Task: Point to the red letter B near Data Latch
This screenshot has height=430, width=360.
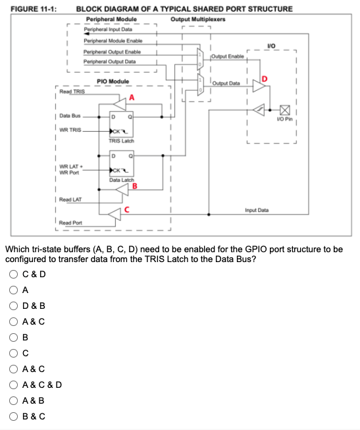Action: (x=135, y=185)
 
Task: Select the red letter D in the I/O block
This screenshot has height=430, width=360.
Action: (x=265, y=80)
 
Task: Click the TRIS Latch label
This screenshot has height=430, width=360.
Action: (x=121, y=141)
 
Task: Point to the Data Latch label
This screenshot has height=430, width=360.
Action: (x=121, y=180)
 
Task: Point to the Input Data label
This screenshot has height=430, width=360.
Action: (x=256, y=210)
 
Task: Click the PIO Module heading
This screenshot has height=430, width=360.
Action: (x=113, y=82)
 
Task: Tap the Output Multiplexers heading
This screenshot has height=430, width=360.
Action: (x=197, y=19)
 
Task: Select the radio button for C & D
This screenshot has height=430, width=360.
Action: (x=13, y=275)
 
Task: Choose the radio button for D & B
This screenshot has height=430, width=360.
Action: (x=13, y=306)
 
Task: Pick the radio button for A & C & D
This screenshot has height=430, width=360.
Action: (x=13, y=384)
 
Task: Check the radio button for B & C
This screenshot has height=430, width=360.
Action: (x=13, y=416)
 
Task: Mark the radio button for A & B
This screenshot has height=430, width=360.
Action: (x=13, y=400)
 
